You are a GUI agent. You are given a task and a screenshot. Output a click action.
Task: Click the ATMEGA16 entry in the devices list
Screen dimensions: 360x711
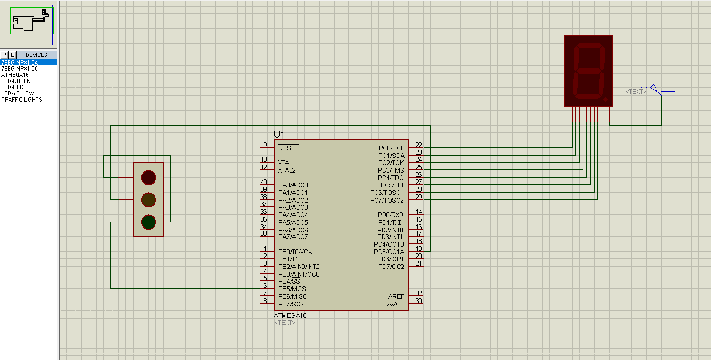tap(15, 75)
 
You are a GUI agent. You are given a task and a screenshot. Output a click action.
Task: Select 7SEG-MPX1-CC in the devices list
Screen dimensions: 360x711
tap(20, 69)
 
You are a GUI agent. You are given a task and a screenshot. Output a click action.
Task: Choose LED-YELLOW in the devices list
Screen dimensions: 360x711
tap(18, 93)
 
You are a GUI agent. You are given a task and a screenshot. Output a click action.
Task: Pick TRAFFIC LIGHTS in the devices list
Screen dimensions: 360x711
tap(22, 100)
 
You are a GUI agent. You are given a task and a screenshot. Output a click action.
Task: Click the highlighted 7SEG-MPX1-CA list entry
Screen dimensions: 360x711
tap(20, 63)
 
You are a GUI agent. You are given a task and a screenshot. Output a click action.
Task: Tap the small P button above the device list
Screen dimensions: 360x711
tap(4, 55)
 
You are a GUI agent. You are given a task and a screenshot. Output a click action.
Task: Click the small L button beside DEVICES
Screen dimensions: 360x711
tap(13, 55)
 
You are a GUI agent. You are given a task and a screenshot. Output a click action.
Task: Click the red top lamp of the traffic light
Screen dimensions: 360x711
tap(148, 177)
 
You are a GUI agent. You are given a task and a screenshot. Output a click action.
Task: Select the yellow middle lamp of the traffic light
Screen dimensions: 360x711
tap(148, 199)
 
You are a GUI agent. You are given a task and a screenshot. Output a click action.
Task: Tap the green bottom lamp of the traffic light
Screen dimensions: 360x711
tap(148, 222)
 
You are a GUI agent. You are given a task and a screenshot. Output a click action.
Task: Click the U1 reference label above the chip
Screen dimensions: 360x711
tap(279, 134)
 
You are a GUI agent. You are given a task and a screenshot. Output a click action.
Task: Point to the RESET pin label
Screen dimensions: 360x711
tap(288, 148)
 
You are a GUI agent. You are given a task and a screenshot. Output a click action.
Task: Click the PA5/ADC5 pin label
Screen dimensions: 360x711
tap(293, 222)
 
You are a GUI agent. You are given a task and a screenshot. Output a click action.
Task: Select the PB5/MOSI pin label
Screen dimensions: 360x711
tap(293, 289)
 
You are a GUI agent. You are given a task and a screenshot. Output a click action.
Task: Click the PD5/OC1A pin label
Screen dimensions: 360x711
tap(389, 252)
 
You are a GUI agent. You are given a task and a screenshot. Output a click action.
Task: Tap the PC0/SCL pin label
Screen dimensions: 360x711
tap(391, 148)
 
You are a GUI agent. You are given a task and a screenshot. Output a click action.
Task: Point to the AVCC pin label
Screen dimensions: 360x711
tap(396, 304)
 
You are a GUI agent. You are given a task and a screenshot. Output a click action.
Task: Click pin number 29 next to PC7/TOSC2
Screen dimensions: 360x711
tap(419, 196)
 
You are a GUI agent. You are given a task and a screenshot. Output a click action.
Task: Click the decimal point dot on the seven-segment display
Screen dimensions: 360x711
tap(606, 99)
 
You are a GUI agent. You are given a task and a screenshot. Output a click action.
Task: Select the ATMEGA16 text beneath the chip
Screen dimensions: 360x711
tap(290, 315)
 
